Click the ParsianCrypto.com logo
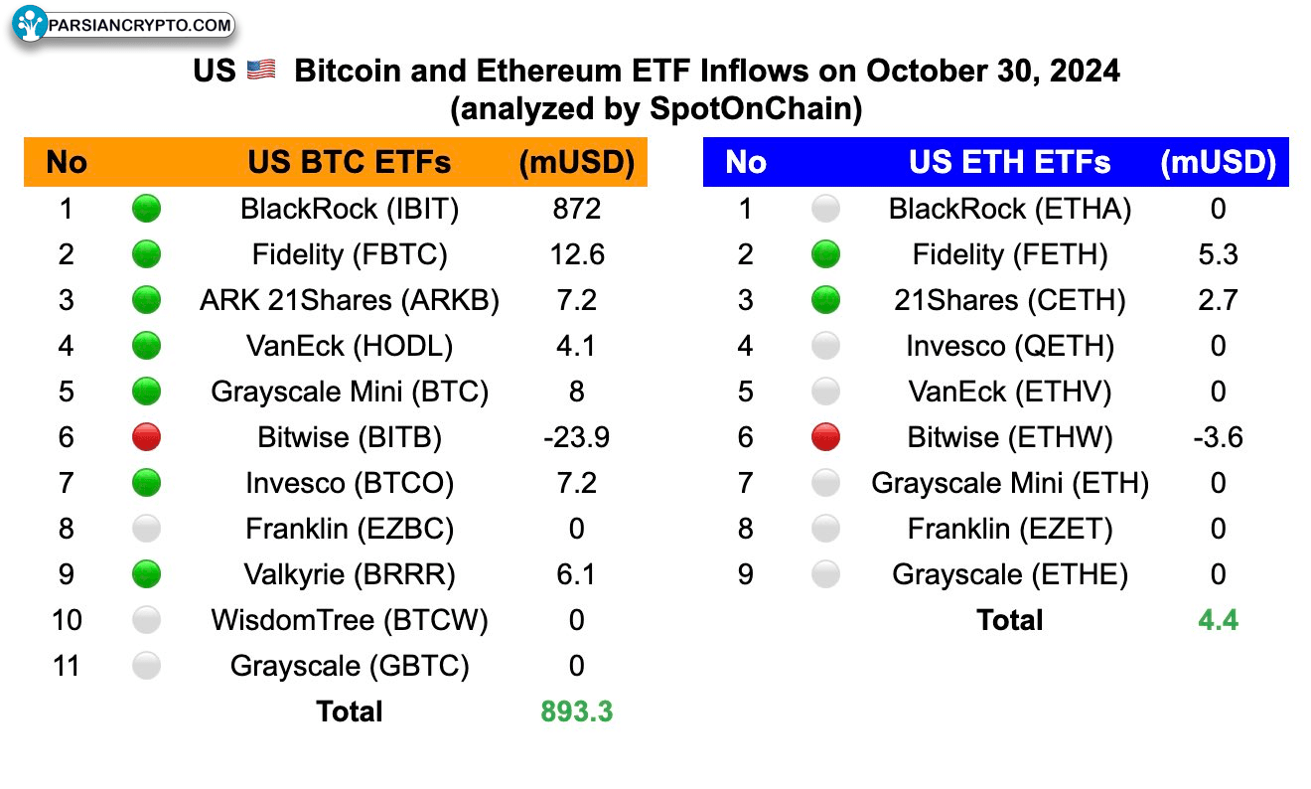pos(123,25)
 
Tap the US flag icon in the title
pos(261,71)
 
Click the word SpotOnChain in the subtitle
pos(755,108)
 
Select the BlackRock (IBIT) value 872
pos(576,209)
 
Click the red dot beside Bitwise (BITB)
pos(146,437)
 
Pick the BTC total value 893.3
pos(576,711)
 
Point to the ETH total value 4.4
pos(1218,620)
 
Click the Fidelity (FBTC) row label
pos(350,254)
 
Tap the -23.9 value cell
pos(576,437)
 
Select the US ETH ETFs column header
pos(1009,162)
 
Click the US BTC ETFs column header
pos(350,162)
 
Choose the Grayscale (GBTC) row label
pos(350,666)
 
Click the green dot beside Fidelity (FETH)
pos(825,254)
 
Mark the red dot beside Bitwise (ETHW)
pos(825,437)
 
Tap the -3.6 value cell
pos(1218,437)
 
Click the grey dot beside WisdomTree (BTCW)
pos(146,620)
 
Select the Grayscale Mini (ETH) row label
pos(1009,483)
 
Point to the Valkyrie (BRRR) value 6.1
pos(576,574)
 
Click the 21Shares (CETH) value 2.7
pos(1218,300)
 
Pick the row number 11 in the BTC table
pos(67,666)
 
